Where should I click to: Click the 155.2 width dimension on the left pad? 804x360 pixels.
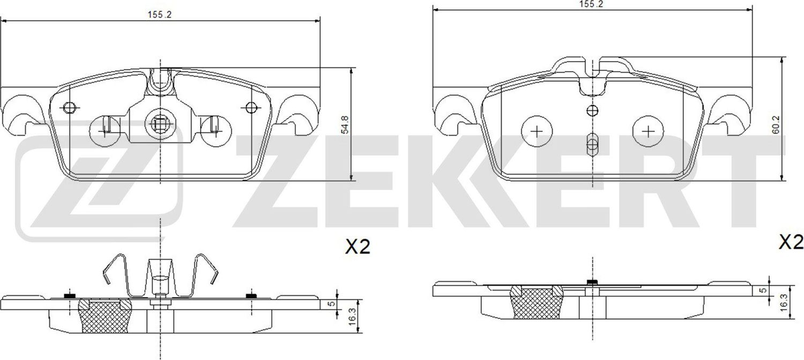click(159, 15)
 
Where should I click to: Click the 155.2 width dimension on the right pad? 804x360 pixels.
click(592, 4)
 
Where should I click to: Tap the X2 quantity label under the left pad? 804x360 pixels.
click(357, 247)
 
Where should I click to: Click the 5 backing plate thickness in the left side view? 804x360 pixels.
click(332, 303)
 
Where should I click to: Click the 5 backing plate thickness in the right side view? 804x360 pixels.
click(763, 290)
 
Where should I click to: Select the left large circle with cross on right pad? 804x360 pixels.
click(537, 131)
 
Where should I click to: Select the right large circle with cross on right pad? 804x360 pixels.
click(648, 131)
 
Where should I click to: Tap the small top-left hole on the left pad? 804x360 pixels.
click(68, 108)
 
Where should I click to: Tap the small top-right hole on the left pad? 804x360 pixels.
click(250, 108)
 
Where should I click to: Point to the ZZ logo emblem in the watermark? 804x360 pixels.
click(100, 187)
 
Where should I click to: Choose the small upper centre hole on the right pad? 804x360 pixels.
click(592, 111)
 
